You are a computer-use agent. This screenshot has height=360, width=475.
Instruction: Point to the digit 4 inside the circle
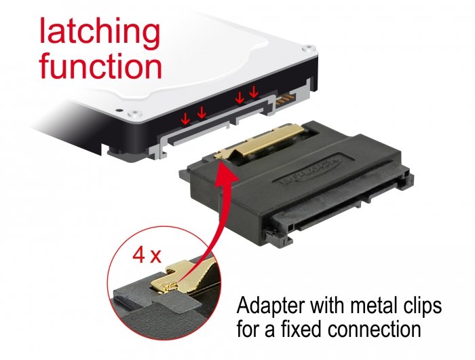pyautogui.click(x=138, y=256)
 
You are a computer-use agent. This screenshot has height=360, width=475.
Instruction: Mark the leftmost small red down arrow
pyautogui.click(x=184, y=119)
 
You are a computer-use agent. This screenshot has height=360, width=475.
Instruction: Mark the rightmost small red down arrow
pyautogui.click(x=253, y=92)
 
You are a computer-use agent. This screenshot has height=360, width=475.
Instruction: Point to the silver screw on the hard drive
pyautogui.click(x=118, y=109)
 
